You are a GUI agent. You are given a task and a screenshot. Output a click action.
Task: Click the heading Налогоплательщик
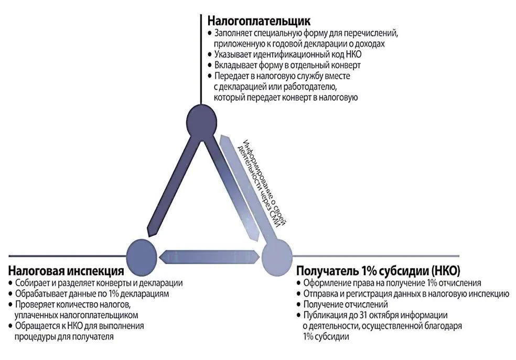pyautogui.click(x=260, y=21)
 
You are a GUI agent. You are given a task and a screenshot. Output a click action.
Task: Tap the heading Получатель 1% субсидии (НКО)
pyautogui.click(x=378, y=271)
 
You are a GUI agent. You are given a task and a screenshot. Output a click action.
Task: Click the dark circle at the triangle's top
pyautogui.click(x=201, y=121)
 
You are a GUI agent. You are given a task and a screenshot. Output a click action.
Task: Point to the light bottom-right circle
pyautogui.click(x=276, y=255)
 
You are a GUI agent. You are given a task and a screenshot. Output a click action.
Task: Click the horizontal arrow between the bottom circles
pyautogui.click(x=209, y=255)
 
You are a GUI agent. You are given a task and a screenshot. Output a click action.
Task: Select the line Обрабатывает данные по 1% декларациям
pyautogui.click(x=92, y=294)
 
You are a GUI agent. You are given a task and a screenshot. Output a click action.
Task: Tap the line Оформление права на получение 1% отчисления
pyautogui.click(x=391, y=283)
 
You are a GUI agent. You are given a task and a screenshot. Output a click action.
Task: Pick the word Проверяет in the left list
pyautogui.click(x=35, y=305)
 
